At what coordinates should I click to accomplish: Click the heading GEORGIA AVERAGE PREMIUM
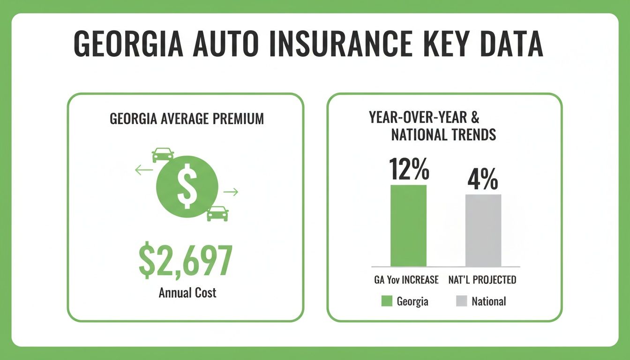click(187, 119)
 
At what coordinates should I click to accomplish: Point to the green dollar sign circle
click(187, 186)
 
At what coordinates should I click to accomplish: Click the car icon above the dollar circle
click(163, 155)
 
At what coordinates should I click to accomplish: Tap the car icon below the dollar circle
click(217, 213)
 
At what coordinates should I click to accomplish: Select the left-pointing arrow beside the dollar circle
click(144, 170)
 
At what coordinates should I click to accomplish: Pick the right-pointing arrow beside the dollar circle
click(231, 191)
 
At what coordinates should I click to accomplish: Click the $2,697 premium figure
click(186, 262)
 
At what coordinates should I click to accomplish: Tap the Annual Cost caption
click(187, 293)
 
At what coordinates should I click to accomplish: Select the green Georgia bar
click(408, 225)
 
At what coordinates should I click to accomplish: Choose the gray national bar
click(483, 230)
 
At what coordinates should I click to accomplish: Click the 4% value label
click(483, 180)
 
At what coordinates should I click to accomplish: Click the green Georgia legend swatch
click(386, 301)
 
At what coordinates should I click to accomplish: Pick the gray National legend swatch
click(462, 301)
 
